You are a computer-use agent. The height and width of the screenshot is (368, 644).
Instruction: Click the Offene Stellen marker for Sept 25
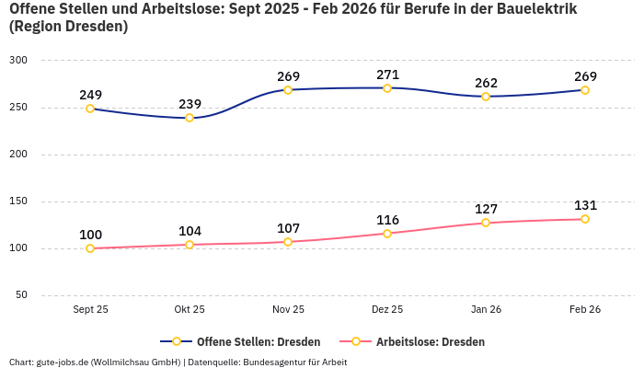tap(90, 109)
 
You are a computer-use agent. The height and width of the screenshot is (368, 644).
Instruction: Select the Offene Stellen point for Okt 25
tap(190, 118)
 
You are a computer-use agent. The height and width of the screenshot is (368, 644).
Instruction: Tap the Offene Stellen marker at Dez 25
tap(387, 88)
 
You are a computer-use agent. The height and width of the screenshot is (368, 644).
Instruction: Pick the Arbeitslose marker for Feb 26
tap(585, 219)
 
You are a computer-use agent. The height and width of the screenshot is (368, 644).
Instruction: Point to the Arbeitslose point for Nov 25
tap(288, 242)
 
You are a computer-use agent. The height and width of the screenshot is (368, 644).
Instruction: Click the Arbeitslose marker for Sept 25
tap(90, 248)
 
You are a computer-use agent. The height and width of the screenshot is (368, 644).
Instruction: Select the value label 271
tap(387, 74)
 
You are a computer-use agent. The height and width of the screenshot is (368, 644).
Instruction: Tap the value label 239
tap(190, 104)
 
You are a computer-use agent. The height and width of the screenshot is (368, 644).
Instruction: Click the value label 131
tap(585, 205)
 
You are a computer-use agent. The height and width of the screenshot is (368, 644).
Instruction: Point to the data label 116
tap(387, 220)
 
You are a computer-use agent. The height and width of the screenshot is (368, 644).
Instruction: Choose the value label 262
tap(486, 83)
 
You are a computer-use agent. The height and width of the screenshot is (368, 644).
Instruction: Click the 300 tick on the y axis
tap(18, 61)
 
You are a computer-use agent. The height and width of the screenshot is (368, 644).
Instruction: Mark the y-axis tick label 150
tap(18, 201)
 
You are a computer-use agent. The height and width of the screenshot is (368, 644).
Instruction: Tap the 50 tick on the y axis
tap(21, 295)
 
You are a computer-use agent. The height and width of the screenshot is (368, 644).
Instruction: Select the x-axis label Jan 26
tap(486, 310)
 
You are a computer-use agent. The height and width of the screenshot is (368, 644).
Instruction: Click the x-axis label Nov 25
tap(288, 310)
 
